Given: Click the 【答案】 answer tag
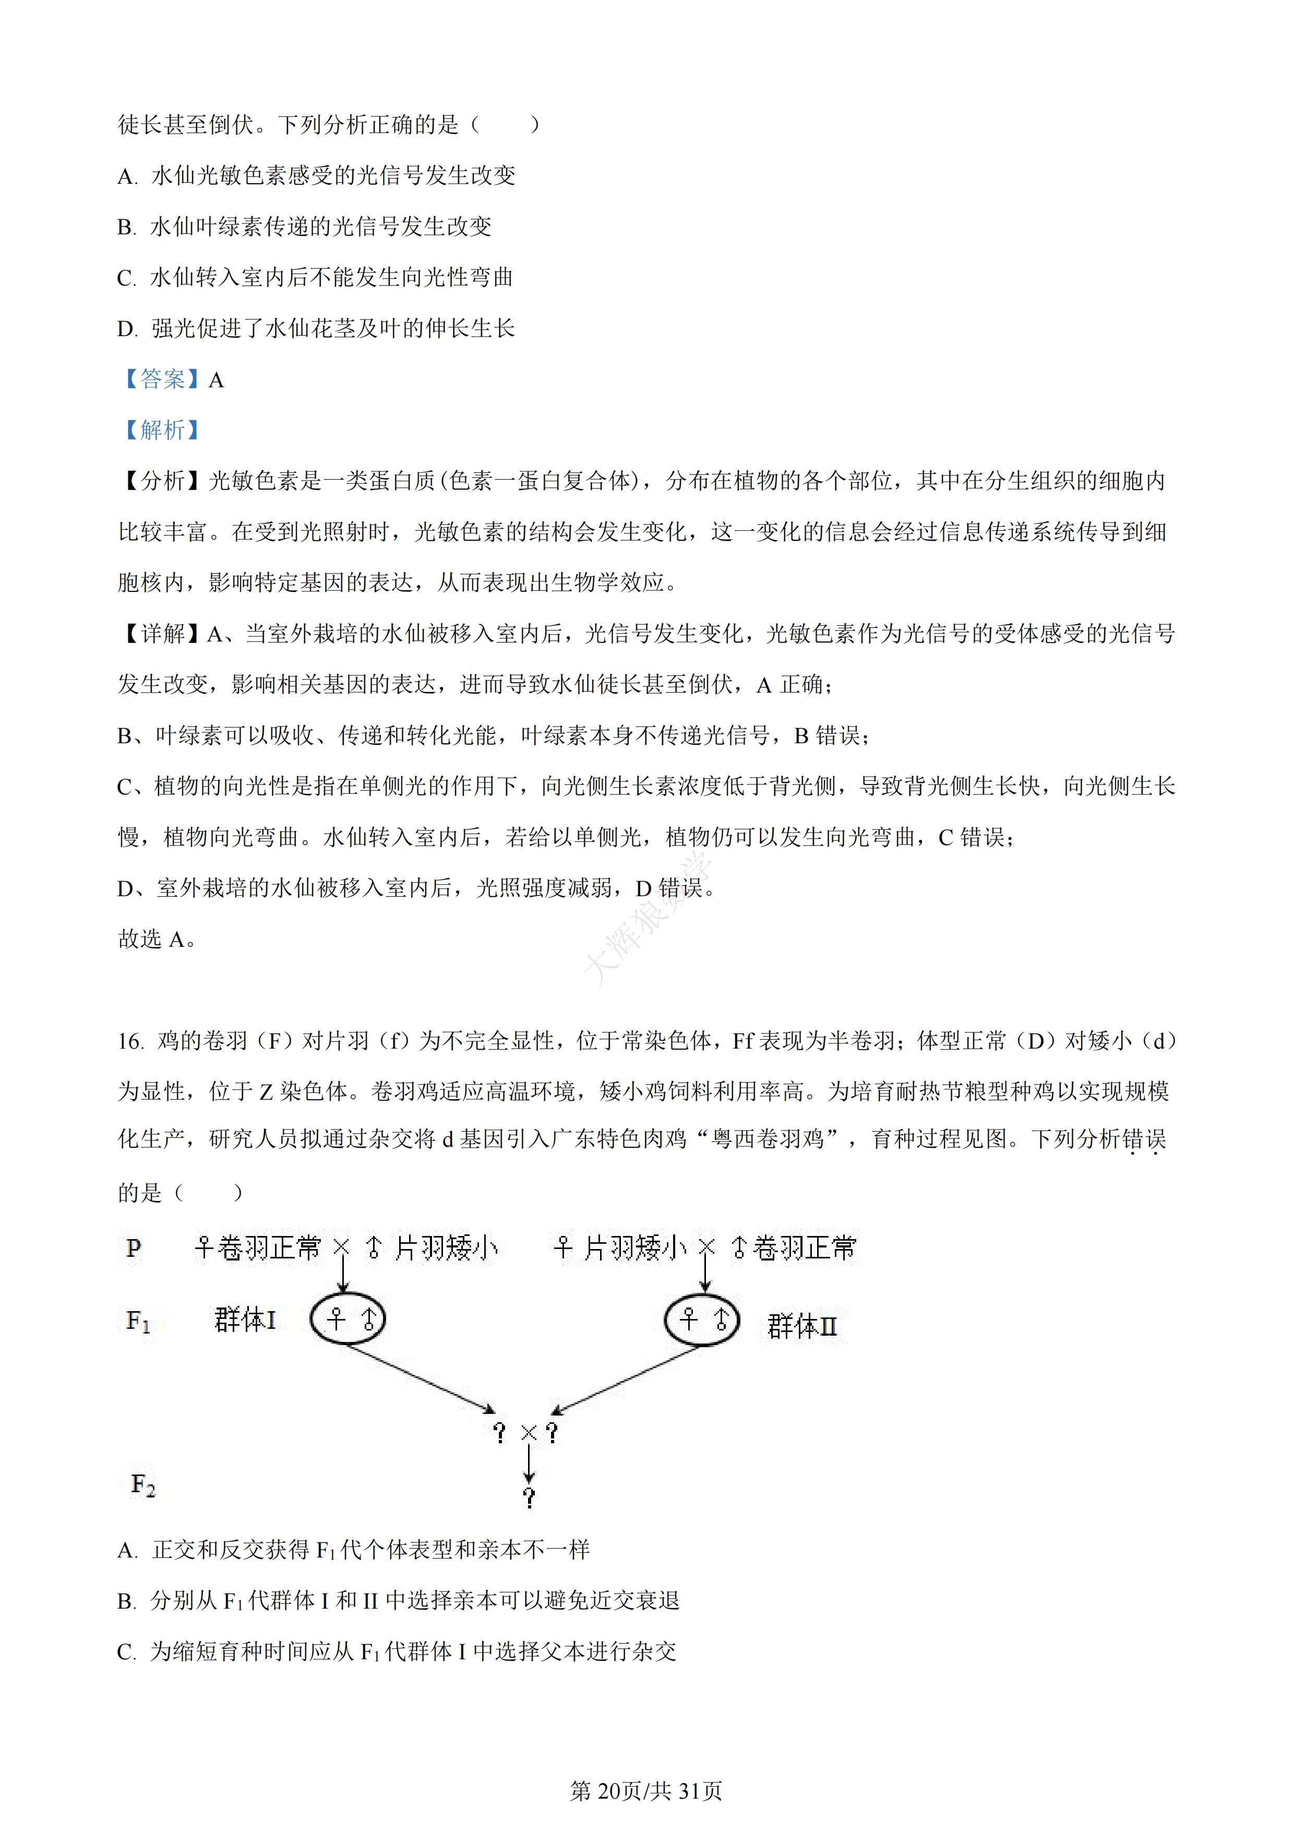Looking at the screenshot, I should point(162,379).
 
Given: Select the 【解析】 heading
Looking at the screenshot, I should point(162,430).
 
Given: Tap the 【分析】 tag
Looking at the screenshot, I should point(162,481).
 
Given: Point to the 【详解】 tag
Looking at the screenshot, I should point(162,634).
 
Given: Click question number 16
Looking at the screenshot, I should point(131,1041).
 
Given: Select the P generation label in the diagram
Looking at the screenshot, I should point(133,1248).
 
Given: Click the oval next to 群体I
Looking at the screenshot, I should point(348,1319).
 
